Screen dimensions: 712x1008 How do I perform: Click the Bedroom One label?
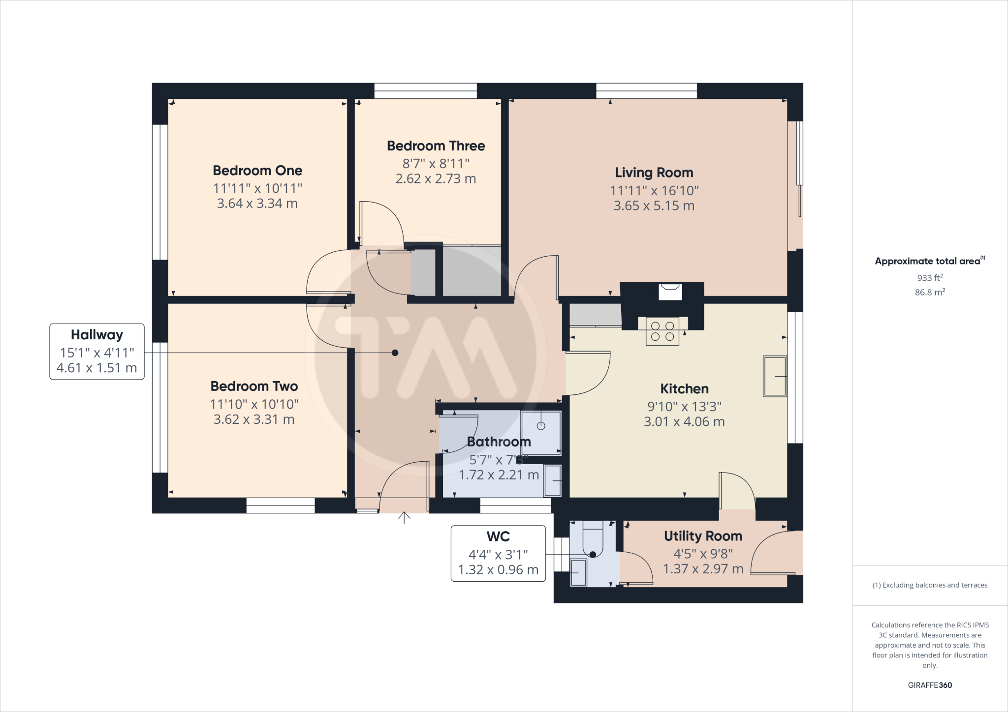257,171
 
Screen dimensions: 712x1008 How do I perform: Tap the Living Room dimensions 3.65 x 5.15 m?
654,206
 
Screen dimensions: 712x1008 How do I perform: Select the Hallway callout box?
97,351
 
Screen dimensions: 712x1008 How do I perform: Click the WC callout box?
498,553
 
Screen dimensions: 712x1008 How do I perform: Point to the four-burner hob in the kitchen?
662,331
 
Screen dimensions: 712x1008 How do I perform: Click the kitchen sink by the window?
774,376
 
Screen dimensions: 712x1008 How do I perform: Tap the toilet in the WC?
593,541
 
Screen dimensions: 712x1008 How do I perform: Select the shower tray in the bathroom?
541,433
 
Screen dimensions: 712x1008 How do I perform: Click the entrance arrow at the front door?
404,517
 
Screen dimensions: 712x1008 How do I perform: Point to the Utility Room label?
703,536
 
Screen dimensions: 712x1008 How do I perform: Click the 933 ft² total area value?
930,277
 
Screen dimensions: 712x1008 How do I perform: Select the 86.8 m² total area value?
930,292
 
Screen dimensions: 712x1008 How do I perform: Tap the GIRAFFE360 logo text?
930,685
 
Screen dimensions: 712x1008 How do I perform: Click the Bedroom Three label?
436,146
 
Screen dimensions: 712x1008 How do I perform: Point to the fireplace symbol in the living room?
670,291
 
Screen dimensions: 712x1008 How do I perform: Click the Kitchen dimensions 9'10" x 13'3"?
684,406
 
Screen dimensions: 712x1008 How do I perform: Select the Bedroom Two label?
254,386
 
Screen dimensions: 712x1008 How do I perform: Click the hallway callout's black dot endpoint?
395,353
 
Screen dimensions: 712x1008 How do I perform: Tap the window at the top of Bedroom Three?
425,91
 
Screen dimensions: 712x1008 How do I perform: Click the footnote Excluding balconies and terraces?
930,585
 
